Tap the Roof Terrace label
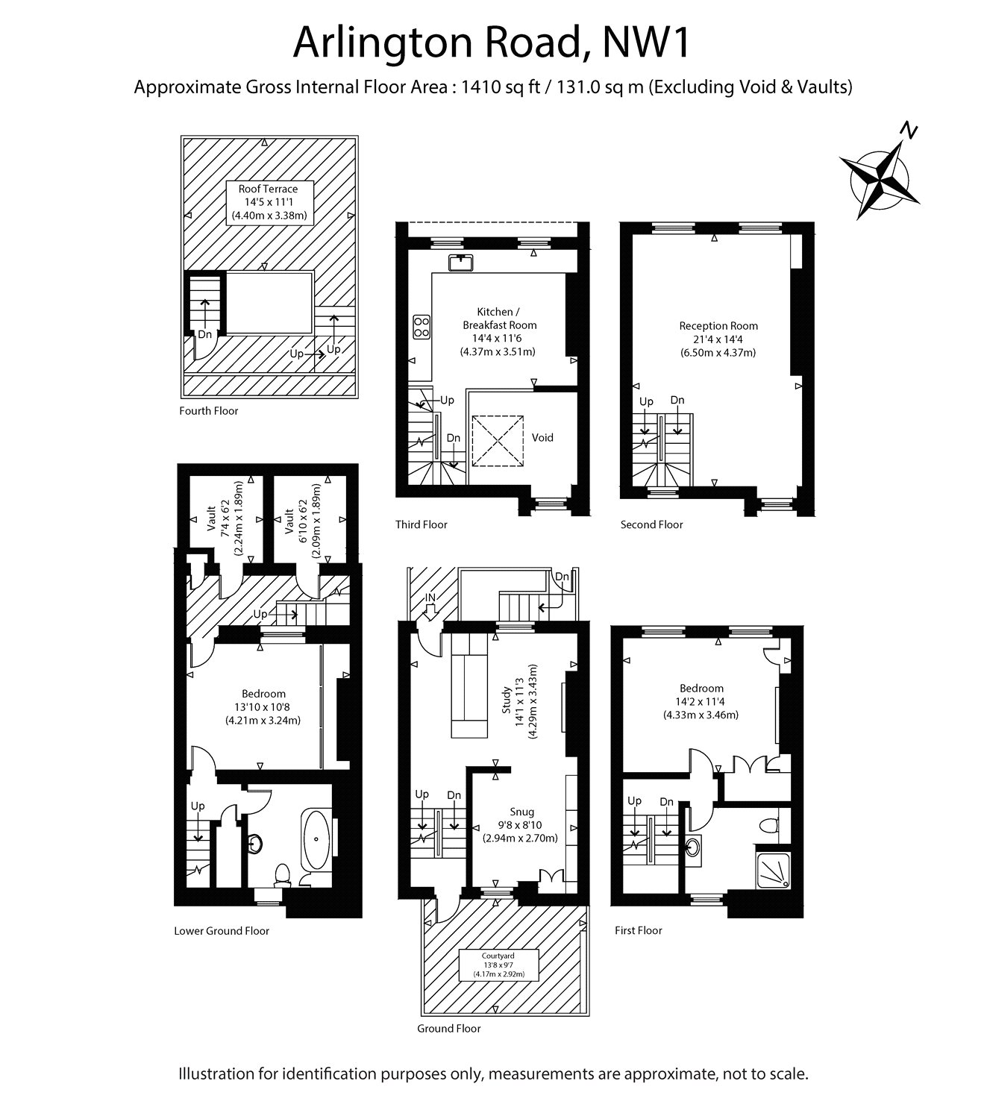(268, 189)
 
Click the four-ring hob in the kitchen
(422, 327)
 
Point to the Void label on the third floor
(542, 437)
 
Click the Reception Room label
(718, 326)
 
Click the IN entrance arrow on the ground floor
(430, 606)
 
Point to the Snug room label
(522, 812)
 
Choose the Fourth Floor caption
(209, 411)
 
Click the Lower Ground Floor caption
(222, 931)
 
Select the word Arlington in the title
(385, 43)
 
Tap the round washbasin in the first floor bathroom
(692, 847)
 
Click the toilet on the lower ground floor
(283, 873)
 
